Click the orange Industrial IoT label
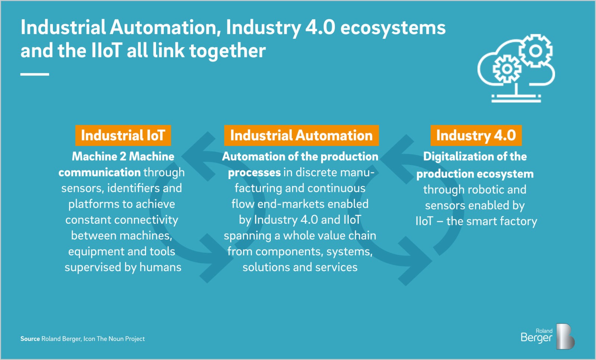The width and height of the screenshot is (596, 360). tap(123, 136)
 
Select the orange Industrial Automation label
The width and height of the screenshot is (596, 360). tap(301, 136)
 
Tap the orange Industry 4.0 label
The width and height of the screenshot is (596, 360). tap(476, 136)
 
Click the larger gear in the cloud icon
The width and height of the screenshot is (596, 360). tap(535, 51)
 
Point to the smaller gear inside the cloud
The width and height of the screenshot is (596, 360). tap(507, 69)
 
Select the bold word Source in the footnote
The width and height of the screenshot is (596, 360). tap(30, 339)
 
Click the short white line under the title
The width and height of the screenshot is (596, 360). tap(35, 74)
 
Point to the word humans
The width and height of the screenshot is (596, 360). tap(160, 267)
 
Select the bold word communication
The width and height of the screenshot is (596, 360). tap(99, 173)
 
